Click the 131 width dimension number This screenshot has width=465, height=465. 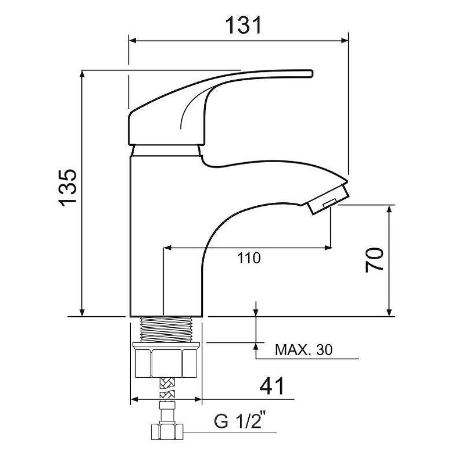243,25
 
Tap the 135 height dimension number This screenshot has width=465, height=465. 67,188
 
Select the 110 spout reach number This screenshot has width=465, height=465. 249,258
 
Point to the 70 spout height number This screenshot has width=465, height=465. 374,260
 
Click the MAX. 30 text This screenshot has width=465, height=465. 303,350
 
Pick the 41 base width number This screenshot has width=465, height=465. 272,386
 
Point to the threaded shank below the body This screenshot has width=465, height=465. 166,330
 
